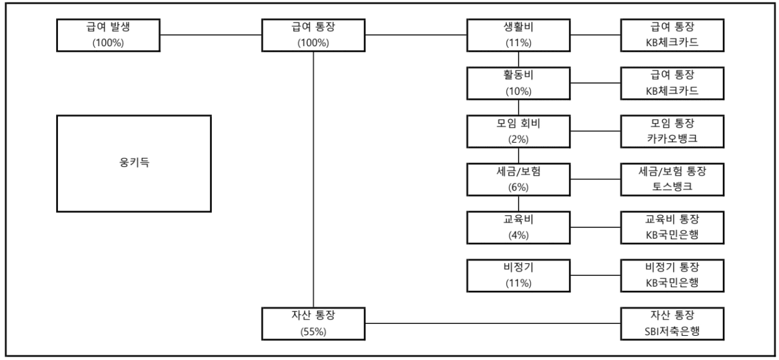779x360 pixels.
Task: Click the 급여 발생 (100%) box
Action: [x=108, y=35]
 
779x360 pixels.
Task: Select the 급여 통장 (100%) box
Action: [x=313, y=35]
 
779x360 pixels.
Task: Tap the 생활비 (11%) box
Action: [x=519, y=35]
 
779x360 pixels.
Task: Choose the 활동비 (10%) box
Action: [x=519, y=83]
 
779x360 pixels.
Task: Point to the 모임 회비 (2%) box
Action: [x=519, y=131]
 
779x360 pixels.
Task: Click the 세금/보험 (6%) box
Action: [x=519, y=179]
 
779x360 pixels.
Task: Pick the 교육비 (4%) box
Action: [x=519, y=227]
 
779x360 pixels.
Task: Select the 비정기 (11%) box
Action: [x=519, y=275]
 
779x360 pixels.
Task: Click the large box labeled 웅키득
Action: [x=134, y=163]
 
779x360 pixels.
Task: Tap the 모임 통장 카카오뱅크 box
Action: [x=673, y=131]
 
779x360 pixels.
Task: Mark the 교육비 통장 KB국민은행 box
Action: [x=673, y=227]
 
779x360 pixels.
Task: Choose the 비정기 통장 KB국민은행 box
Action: [x=673, y=275]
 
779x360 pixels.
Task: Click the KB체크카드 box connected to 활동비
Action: [x=673, y=83]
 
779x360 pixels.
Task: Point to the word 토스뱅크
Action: [x=673, y=186]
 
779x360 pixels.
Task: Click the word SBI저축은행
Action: [x=673, y=331]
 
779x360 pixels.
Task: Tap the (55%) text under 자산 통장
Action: [x=313, y=331]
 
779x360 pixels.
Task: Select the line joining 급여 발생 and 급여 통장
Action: [x=210, y=35]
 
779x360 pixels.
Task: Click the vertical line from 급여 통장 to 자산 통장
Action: [x=313, y=179]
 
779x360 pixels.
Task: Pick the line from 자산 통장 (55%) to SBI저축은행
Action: [x=493, y=323]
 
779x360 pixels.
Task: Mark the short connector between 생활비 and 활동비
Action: [x=519, y=59]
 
